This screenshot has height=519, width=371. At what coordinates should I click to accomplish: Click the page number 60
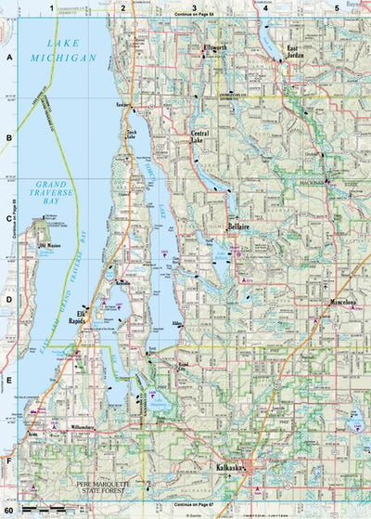tap(8, 510)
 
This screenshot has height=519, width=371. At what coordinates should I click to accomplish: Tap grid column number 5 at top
tap(336, 7)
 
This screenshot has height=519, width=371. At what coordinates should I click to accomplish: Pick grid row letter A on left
tap(8, 57)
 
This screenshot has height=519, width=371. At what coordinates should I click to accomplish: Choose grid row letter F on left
tap(8, 460)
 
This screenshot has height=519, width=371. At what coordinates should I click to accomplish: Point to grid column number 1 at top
tap(52, 7)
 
